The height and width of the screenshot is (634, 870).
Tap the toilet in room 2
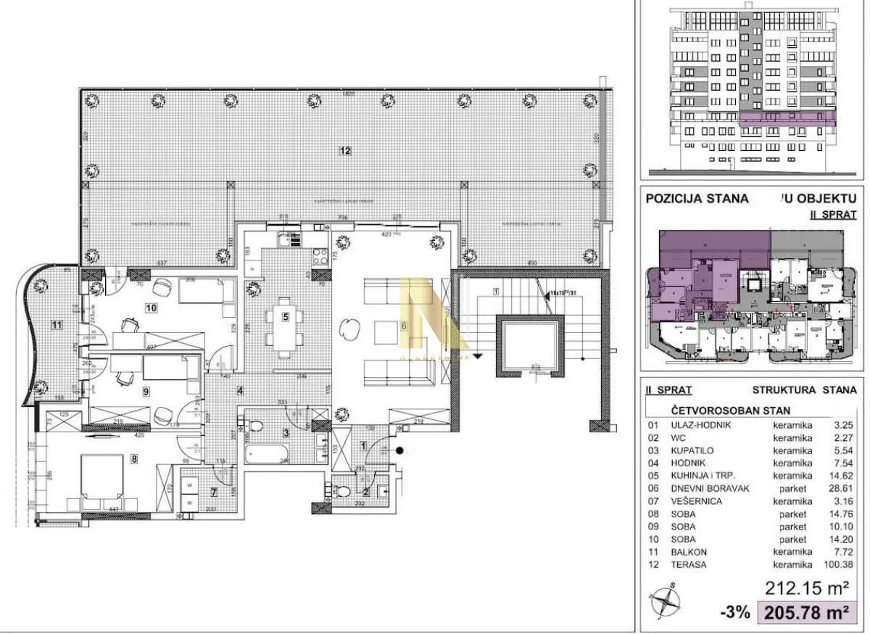[x=344, y=491]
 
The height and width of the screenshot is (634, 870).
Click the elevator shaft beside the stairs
[x=530, y=345]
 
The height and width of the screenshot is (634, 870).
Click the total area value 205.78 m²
[x=804, y=614]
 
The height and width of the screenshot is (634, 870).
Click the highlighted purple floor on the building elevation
[x=787, y=116]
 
